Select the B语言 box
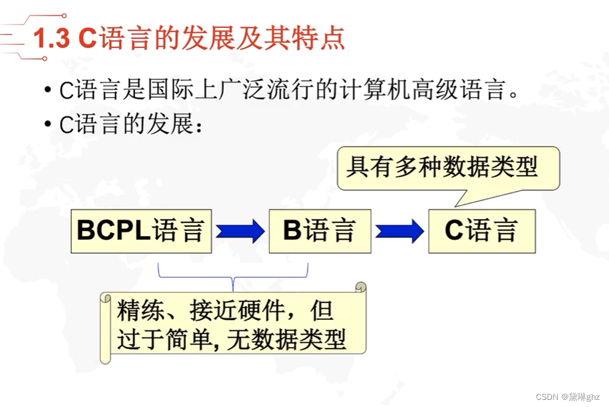pyautogui.click(x=320, y=231)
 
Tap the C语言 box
pyautogui.click(x=481, y=231)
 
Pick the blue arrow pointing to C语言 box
pyautogui.click(x=399, y=231)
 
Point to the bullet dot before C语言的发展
pyautogui.click(x=48, y=125)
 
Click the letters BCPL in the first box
pyautogui.click(x=113, y=231)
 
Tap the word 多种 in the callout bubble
pyautogui.click(x=414, y=167)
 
